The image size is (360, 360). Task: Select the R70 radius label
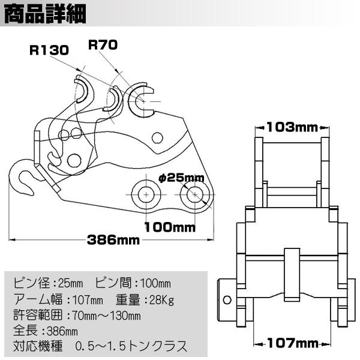(x=103, y=44)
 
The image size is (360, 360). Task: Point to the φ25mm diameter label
(x=181, y=178)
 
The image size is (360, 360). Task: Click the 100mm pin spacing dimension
(x=170, y=227)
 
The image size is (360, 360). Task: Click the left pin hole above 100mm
(x=145, y=193)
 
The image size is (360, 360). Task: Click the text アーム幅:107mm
(x=58, y=299)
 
